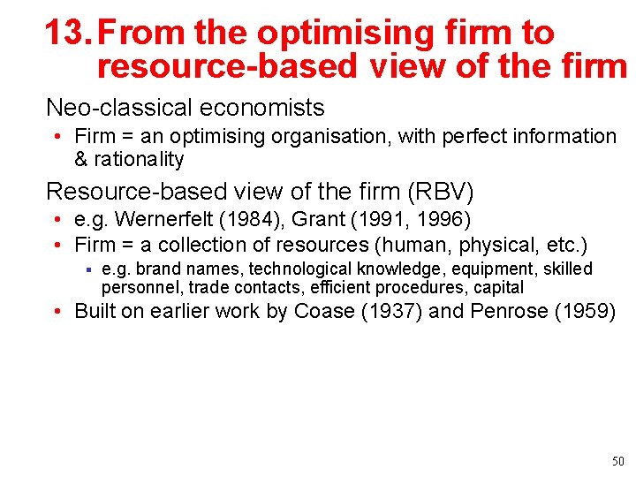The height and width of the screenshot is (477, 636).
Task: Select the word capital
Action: [499, 288]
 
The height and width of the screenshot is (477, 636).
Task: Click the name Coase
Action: [325, 312]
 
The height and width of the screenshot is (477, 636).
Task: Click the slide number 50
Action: [617, 461]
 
